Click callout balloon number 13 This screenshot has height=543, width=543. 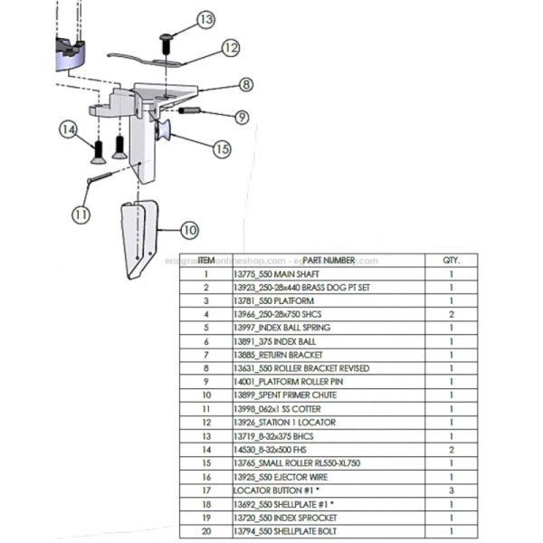coord(205,18)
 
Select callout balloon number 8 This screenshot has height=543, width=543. coord(245,85)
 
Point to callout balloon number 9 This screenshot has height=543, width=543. coord(241,117)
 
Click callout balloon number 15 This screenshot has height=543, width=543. coord(221,148)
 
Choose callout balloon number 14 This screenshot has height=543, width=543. coord(68,130)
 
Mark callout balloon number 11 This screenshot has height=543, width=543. coord(81,214)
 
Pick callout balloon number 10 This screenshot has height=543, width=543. coord(189,230)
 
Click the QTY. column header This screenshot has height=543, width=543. coord(450,261)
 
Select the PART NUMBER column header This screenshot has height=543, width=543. coord(329,261)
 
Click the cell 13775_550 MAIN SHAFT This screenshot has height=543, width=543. coord(276,273)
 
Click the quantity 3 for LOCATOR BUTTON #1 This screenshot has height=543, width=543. coord(450,491)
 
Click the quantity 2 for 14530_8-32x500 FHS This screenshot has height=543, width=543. coord(450,450)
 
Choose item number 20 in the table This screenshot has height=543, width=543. coord(206,531)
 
